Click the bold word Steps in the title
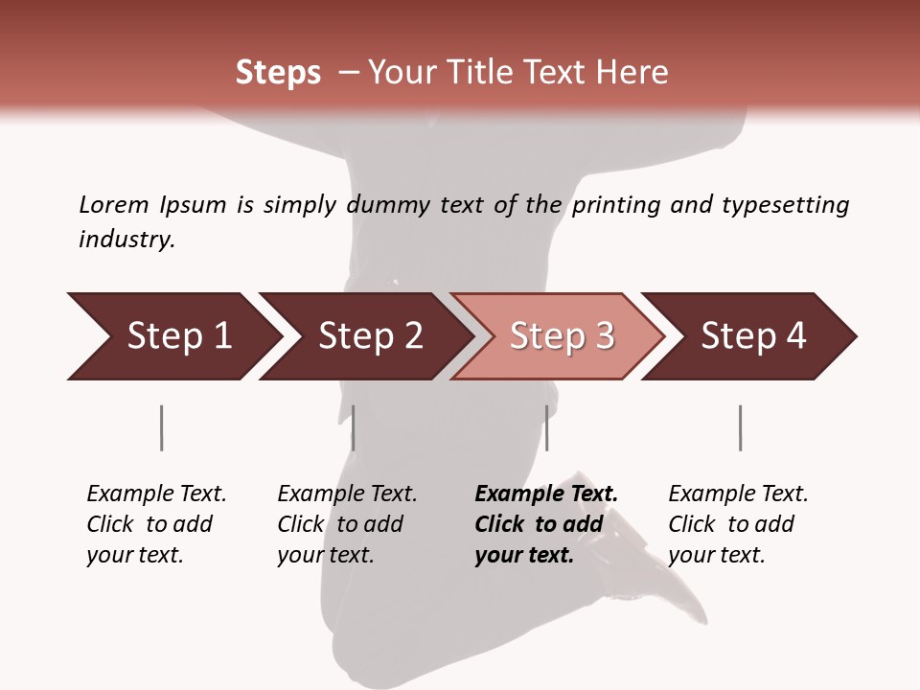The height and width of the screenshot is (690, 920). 278,73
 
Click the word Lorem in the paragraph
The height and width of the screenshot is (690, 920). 113,204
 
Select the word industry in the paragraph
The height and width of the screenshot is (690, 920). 126,239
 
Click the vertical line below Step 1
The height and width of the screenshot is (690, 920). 161,427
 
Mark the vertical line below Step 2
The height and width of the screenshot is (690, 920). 354,427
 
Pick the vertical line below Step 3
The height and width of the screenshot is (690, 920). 546,427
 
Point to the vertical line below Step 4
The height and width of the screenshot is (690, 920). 740,427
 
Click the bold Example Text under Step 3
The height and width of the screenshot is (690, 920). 546,494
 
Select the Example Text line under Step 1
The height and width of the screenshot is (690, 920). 156,494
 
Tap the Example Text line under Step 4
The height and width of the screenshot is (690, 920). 738,494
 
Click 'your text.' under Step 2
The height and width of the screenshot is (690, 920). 325,555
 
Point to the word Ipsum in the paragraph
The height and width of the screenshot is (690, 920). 193,205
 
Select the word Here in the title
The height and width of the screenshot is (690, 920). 632,73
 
